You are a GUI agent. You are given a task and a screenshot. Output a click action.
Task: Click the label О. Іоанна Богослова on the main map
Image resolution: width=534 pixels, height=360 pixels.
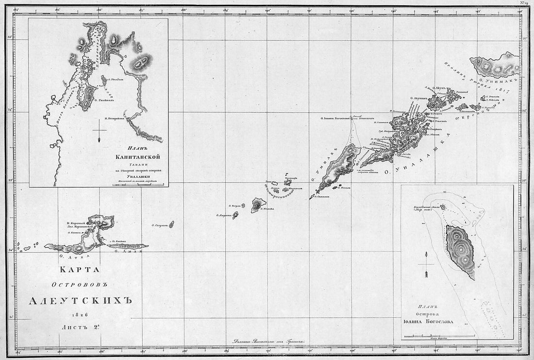tap(337, 117)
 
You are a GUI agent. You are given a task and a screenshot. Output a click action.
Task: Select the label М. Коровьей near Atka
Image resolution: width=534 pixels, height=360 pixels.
tap(77, 223)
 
